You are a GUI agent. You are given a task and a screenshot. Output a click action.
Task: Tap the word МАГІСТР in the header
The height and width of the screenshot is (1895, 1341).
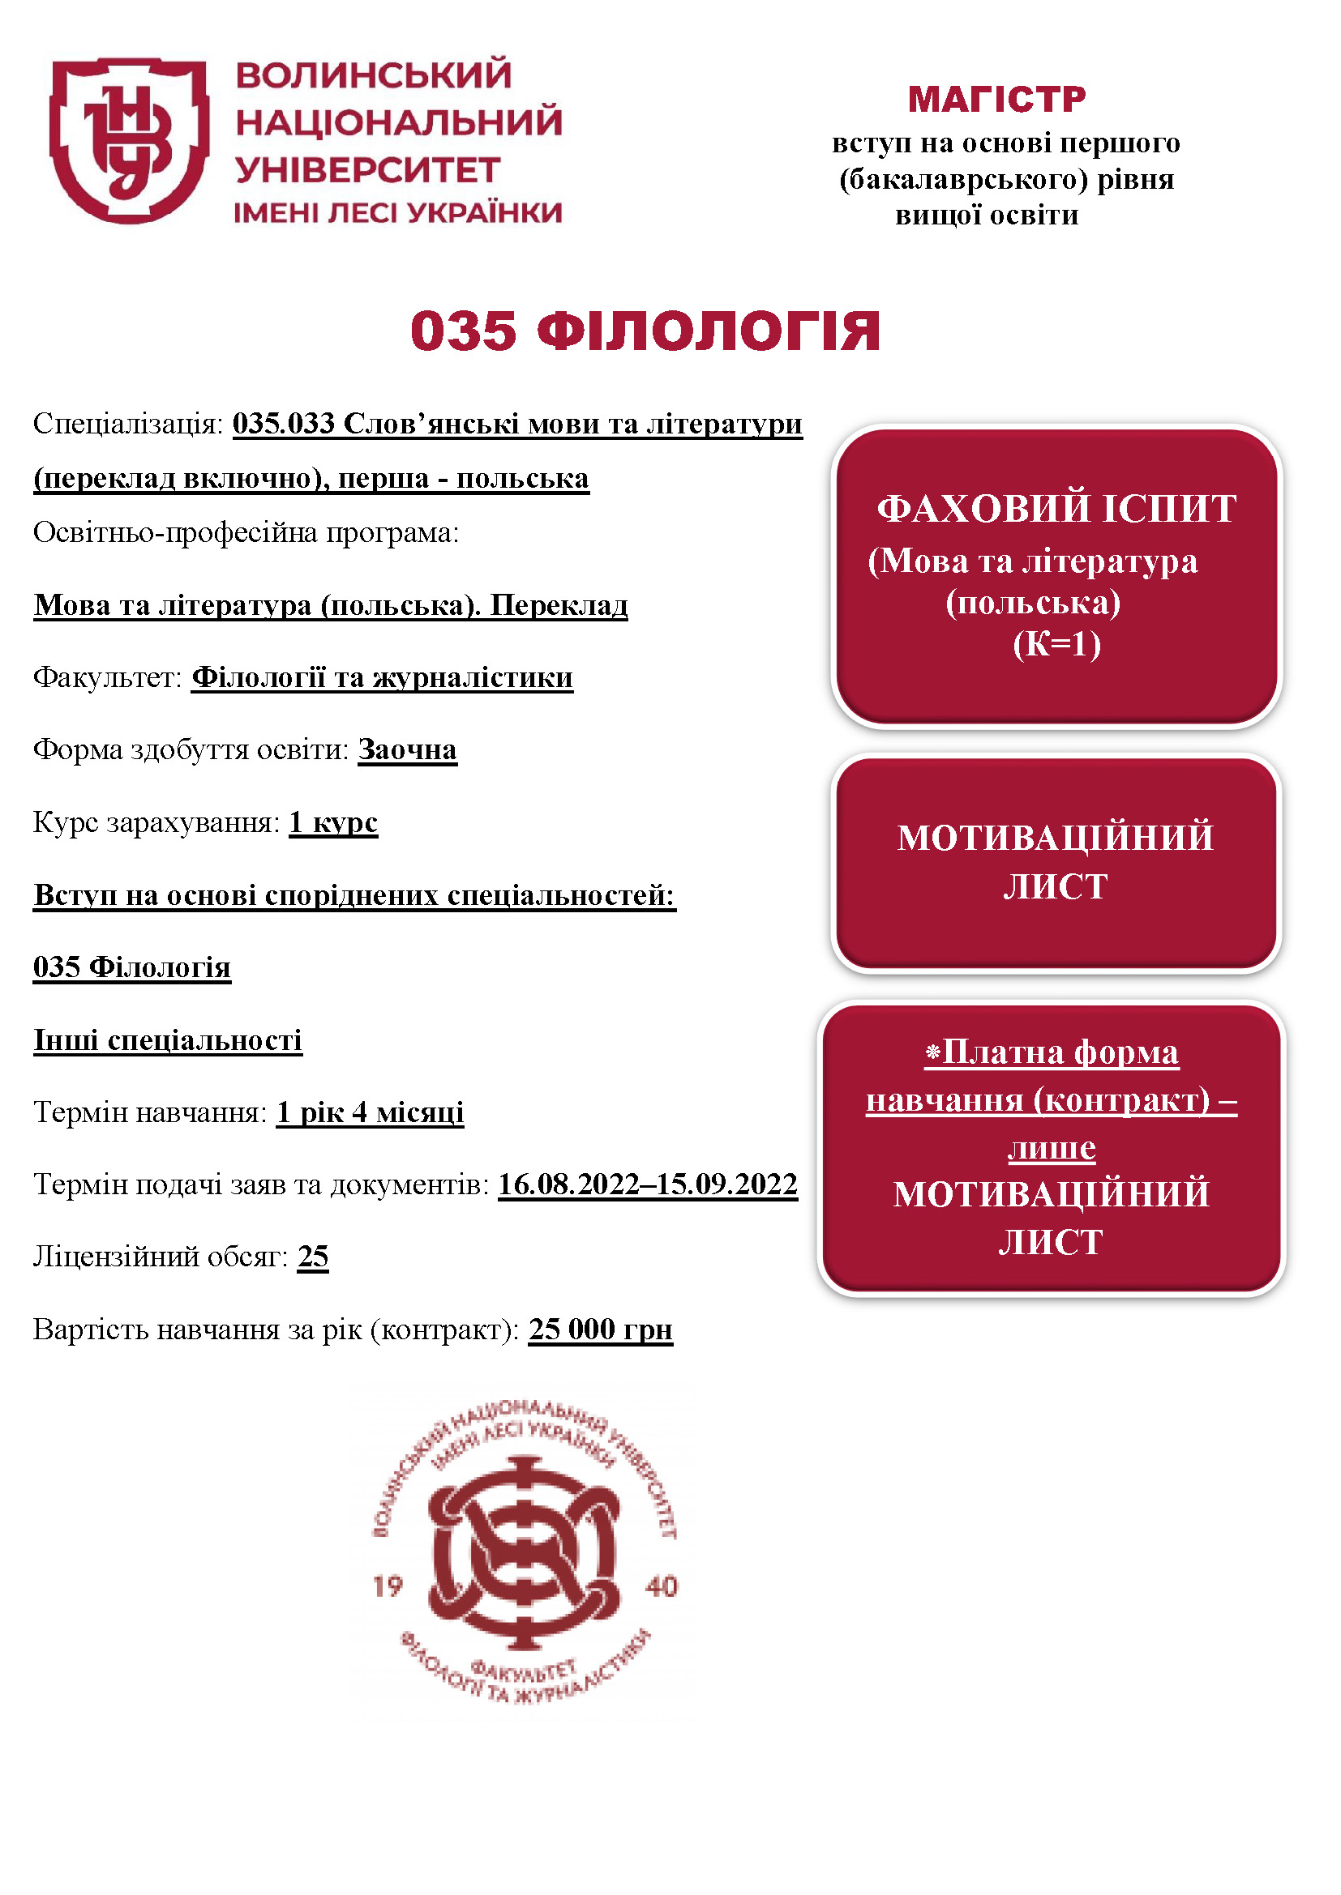(996, 99)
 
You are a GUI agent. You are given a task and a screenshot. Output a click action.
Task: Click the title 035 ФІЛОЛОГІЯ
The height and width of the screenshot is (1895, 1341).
(645, 332)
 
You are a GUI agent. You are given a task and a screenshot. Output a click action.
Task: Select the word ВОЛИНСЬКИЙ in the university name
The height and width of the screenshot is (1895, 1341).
(373, 75)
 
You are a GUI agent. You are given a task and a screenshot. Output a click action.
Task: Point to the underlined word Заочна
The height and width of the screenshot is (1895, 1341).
(407, 749)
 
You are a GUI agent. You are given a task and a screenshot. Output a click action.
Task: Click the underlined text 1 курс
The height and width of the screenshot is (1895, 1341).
(333, 822)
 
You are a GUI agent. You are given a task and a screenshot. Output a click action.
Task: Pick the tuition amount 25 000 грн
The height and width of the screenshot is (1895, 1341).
(600, 1329)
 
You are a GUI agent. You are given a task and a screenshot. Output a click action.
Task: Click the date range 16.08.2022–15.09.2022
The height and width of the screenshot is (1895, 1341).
(647, 1184)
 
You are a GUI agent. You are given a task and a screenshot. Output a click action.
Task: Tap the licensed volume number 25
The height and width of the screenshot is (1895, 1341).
(313, 1257)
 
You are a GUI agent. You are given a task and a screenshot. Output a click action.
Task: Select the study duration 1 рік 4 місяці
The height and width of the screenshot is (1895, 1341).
(370, 1112)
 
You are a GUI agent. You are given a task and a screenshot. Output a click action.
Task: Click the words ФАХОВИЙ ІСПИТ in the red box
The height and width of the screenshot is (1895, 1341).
(1056, 509)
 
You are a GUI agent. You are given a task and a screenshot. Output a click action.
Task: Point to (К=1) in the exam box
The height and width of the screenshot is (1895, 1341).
(1056, 644)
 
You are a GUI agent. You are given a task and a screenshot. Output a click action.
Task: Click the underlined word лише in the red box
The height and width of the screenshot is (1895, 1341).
(1052, 1147)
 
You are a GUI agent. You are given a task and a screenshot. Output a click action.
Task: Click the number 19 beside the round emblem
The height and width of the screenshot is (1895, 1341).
(388, 1586)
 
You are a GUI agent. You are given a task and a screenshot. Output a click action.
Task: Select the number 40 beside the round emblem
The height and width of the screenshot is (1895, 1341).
(661, 1586)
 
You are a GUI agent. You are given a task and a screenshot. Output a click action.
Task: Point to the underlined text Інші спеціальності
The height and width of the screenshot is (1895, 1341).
(168, 1040)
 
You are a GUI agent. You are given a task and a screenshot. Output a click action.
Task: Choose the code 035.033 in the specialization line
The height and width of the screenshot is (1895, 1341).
(283, 424)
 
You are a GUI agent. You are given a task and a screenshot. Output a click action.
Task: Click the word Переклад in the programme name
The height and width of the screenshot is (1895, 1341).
(559, 605)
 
